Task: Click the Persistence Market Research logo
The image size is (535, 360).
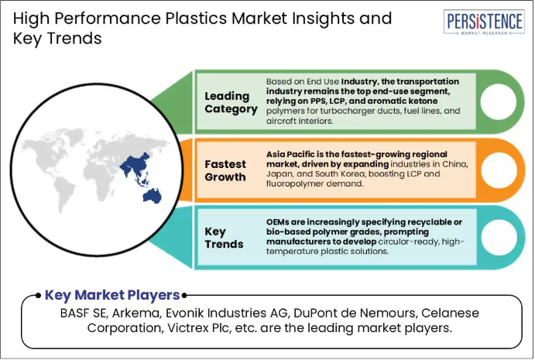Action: [x=484, y=22]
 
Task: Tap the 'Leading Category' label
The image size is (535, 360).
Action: [x=231, y=102]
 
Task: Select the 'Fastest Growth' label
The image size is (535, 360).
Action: [x=225, y=170]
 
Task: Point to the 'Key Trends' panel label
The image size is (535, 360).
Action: [x=224, y=238]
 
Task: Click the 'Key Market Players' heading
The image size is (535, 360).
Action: [x=112, y=295]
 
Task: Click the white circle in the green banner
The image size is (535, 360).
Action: [x=498, y=101]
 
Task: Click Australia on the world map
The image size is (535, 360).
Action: [x=153, y=196]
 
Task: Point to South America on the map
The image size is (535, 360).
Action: [x=65, y=194]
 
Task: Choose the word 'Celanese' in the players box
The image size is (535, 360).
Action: [x=451, y=313]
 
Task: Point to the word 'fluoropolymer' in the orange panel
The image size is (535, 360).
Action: [x=292, y=184]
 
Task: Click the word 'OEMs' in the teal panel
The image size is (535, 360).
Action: [x=277, y=222]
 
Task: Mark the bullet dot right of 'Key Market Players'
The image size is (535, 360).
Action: [x=184, y=296]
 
